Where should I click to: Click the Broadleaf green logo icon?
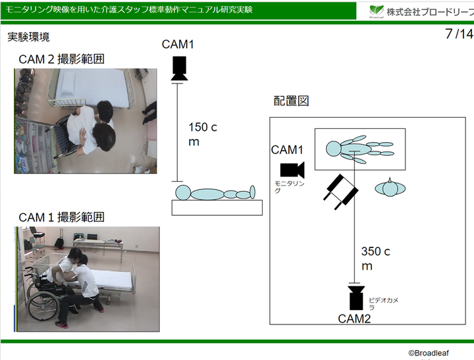click(377, 11)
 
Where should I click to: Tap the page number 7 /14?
click(459, 34)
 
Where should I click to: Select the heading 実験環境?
click(28, 37)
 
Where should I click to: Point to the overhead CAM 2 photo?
click(86, 120)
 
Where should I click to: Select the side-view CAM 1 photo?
click(87, 279)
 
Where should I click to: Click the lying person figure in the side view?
click(217, 193)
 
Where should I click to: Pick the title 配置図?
click(291, 101)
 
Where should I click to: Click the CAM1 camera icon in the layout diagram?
click(292, 169)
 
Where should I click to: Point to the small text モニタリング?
click(290, 186)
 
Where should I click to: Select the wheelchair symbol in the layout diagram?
click(341, 190)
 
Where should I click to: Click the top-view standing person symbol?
click(390, 188)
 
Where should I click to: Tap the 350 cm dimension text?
click(376, 258)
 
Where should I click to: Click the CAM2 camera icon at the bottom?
click(355, 297)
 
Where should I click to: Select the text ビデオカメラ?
click(384, 303)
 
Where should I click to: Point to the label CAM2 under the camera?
click(355, 319)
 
